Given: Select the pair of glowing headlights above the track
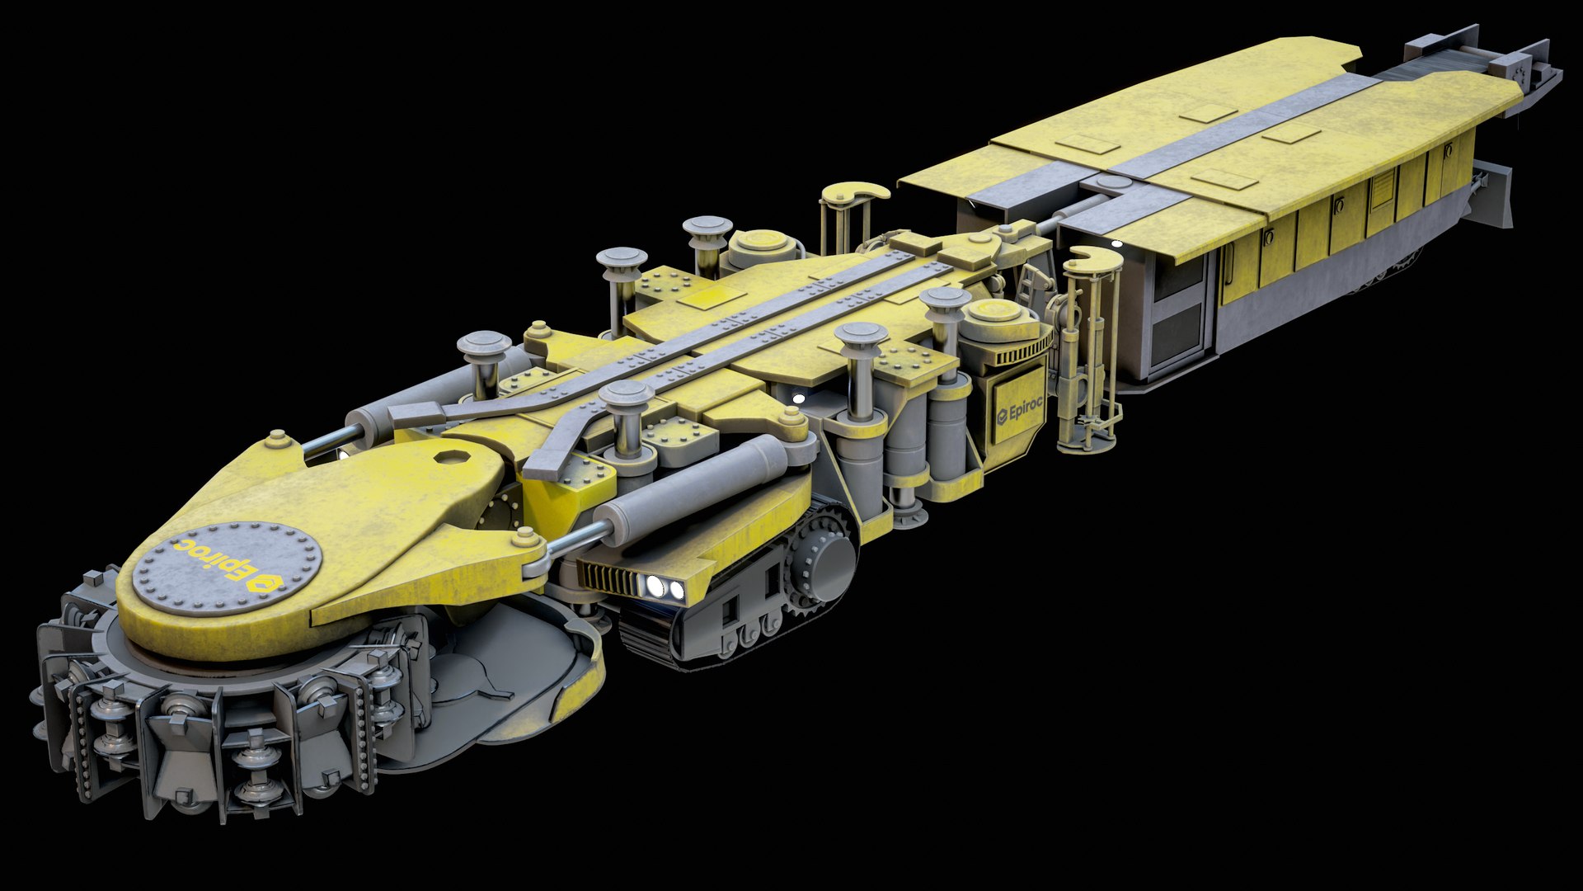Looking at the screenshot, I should [665, 588].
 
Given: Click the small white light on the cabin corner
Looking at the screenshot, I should [1117, 244].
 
